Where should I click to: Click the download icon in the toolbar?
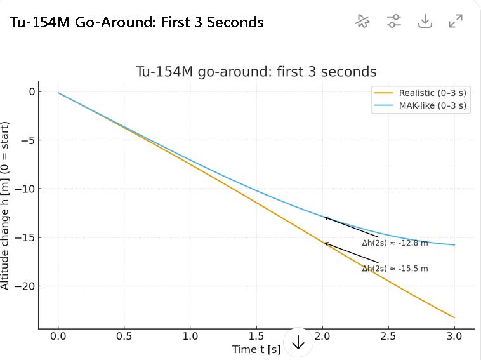[x=425, y=21]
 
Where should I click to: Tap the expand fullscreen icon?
[x=455, y=21]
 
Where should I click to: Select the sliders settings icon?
[x=394, y=21]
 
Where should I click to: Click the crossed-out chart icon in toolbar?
[x=362, y=21]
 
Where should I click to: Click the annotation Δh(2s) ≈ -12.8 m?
[x=395, y=243]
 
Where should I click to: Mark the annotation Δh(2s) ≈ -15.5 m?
[x=395, y=269]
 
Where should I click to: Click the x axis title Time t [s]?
[x=256, y=349]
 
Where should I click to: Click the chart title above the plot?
[x=256, y=71]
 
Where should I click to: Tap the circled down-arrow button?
[x=298, y=343]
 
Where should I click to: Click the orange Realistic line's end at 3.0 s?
[x=454, y=317]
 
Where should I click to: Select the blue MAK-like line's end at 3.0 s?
[x=454, y=244]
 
